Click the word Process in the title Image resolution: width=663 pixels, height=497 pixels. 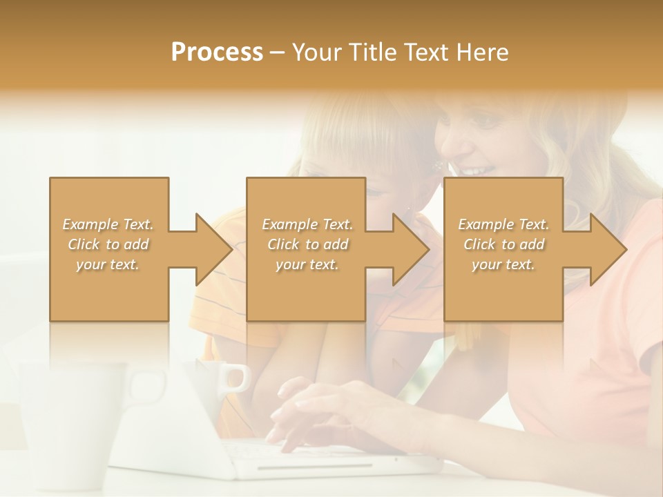tap(217, 52)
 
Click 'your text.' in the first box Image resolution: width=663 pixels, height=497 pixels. tap(108, 264)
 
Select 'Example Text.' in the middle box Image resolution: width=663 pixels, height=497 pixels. tap(307, 224)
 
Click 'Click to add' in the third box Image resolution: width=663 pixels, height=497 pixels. tap(504, 244)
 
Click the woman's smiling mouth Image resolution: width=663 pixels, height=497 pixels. tap(477, 169)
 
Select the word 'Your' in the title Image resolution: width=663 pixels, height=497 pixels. tap(319, 52)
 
